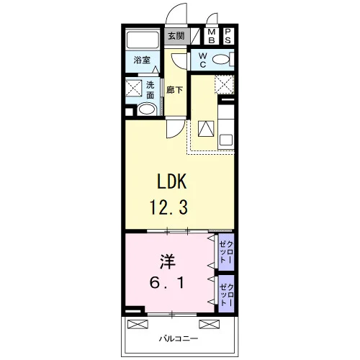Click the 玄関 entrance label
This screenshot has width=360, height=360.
(x=176, y=36)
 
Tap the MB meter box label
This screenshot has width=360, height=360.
(x=212, y=36)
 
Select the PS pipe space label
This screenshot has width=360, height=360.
(x=228, y=36)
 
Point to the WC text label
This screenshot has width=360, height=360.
(x=203, y=60)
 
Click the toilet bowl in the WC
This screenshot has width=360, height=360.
(x=221, y=59)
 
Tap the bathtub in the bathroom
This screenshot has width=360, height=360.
(x=143, y=40)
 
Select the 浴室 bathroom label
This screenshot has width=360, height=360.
(x=142, y=60)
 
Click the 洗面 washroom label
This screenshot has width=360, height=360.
(x=150, y=90)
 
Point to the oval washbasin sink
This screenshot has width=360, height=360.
(x=146, y=109)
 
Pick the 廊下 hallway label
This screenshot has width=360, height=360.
(x=175, y=90)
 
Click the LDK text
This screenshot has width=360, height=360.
(x=171, y=181)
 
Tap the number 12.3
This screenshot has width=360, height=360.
(x=168, y=207)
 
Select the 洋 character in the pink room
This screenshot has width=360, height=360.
(x=168, y=262)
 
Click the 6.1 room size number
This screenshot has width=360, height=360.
(x=167, y=283)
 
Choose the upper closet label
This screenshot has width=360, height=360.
(x=226, y=252)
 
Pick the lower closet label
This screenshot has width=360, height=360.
(x=226, y=295)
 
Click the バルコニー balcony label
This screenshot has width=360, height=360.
(x=179, y=339)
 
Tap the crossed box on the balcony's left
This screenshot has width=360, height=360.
(x=138, y=324)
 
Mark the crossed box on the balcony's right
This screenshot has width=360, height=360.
(x=209, y=324)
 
